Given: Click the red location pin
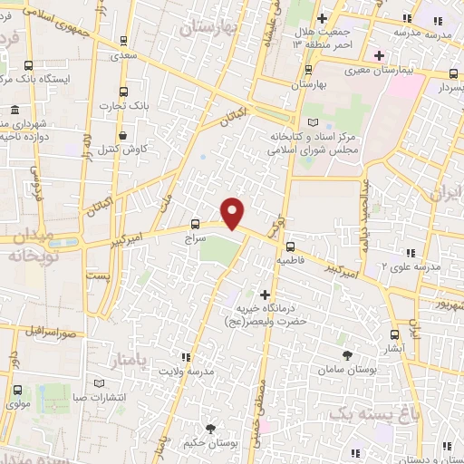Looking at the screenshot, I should pyautogui.click(x=234, y=212).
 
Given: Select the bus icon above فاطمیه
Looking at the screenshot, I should pyautogui.click(x=290, y=246).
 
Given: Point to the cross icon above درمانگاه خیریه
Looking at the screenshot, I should pyautogui.click(x=265, y=295).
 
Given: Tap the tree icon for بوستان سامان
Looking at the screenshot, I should pyautogui.click(x=347, y=355).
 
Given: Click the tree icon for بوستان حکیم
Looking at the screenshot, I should pyautogui.click(x=211, y=428).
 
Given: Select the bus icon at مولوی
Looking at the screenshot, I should pyautogui.click(x=18, y=391).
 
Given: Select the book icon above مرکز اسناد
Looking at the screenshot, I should pyautogui.click(x=314, y=122).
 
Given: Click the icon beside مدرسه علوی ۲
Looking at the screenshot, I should pyautogui.click(x=410, y=253).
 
